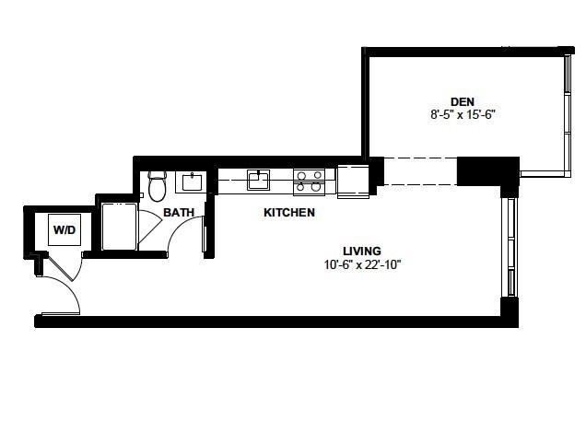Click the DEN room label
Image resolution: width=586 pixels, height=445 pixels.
point(463,101)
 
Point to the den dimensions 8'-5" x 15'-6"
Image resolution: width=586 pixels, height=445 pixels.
point(463,114)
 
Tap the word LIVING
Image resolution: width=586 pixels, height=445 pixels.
point(362,251)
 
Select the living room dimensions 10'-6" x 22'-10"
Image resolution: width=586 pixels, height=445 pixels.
point(362,265)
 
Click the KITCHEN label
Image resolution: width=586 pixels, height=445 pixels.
point(289,213)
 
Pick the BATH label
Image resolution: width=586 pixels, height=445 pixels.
point(179,213)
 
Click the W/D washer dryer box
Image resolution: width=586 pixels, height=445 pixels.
point(64,229)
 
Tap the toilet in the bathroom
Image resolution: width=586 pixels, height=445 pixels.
point(157,186)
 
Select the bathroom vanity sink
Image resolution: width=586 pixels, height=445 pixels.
point(192,182)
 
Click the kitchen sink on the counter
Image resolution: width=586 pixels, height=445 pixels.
point(258,180)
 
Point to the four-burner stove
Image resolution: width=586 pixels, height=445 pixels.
point(309,182)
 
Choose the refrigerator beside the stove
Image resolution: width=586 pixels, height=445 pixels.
point(353,182)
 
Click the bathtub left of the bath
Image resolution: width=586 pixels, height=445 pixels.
point(119,227)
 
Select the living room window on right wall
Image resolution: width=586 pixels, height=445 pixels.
point(510,247)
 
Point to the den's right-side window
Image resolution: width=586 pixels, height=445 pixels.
point(568,114)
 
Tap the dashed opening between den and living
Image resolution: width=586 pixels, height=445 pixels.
point(420,171)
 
